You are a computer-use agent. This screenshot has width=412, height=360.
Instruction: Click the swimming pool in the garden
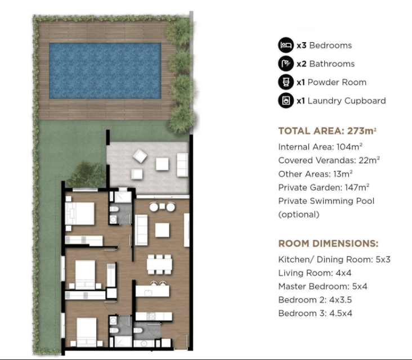pyautogui.click(x=105, y=71)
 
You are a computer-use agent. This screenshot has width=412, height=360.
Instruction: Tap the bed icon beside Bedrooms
pyautogui.click(x=286, y=45)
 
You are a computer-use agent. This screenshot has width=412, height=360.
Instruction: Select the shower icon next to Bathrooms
pyautogui.click(x=286, y=64)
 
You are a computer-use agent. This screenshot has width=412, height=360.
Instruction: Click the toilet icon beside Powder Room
pyautogui.click(x=286, y=82)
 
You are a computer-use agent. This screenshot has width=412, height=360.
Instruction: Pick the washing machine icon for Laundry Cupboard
pyautogui.click(x=286, y=101)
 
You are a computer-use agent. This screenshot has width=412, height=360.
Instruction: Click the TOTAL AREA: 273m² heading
pyautogui.click(x=328, y=130)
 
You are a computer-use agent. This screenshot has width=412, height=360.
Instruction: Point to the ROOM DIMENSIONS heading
pyautogui.click(x=329, y=244)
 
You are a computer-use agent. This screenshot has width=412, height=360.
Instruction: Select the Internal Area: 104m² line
pyautogui.click(x=320, y=147)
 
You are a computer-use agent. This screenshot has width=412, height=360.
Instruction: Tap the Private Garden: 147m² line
pyautogui.click(x=324, y=187)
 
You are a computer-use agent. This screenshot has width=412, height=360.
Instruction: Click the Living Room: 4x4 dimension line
pyautogui.click(x=315, y=273)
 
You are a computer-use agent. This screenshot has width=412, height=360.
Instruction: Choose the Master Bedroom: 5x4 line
pyautogui.click(x=323, y=286)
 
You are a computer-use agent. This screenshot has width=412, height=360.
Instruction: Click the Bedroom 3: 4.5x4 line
pyautogui.click(x=315, y=313)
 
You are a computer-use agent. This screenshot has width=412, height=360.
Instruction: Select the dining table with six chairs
pyautogui.click(x=159, y=264)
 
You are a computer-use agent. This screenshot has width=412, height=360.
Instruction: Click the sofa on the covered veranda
pyautogui.click(x=182, y=165)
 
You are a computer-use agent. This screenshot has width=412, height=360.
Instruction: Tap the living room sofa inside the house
pyautogui.click(x=141, y=230)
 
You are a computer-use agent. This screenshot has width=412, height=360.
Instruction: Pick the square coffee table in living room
pyautogui.click(x=162, y=230)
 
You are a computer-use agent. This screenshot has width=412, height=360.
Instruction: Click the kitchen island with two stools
pyautogui.click(x=153, y=289)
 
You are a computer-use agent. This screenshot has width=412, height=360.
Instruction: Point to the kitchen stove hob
pyautogui.click(x=151, y=316)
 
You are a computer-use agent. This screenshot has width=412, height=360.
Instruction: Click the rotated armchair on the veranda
pyautogui.click(x=140, y=156)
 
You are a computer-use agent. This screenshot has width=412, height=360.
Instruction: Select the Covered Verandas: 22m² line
pyautogui.click(x=329, y=160)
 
